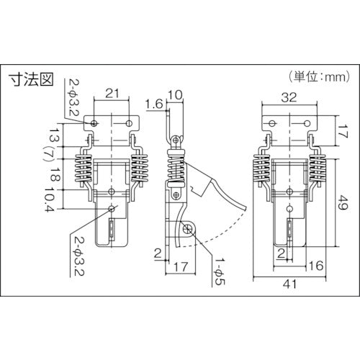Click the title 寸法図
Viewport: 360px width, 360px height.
coord(31,79)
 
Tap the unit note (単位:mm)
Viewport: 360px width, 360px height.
coord(319,77)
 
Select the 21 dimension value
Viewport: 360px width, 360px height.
coord(112,93)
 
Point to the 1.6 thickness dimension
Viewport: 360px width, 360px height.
coord(154,104)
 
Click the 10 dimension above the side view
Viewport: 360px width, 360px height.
coord(175,95)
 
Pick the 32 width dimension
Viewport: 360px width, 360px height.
coord(289,97)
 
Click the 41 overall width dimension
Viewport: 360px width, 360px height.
coord(289,284)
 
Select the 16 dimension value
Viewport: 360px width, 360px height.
coord(316,266)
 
